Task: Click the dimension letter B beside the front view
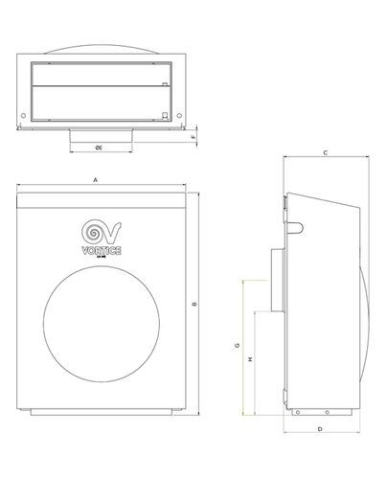point(193,305)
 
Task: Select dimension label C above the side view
point(326,152)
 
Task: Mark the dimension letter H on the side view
point(249,359)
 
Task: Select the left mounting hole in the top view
point(23,119)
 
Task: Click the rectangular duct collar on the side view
point(276,278)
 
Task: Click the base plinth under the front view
point(102,413)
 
